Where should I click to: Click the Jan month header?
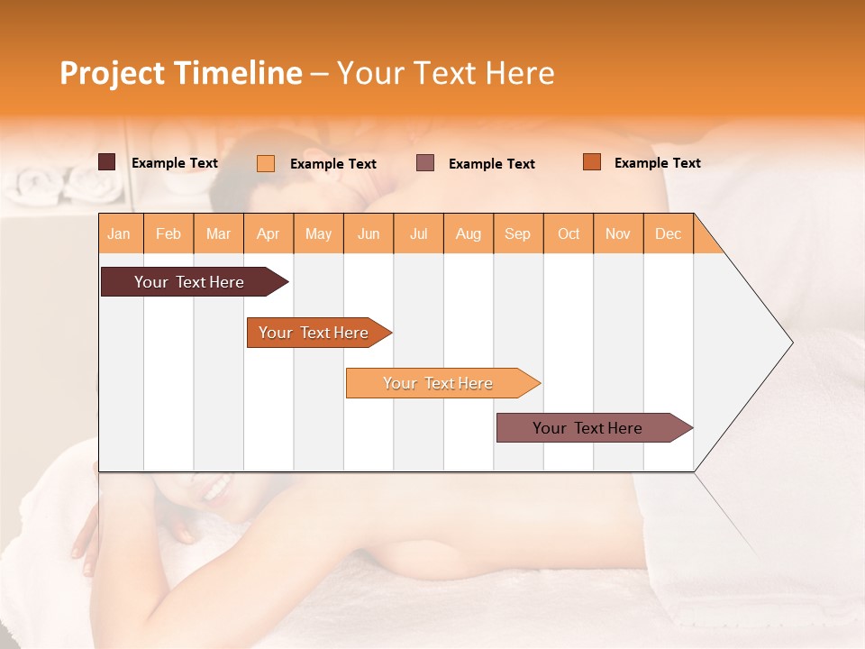point(120,233)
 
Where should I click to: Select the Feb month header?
point(168,233)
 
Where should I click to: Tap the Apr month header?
point(269,233)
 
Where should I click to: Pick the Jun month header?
point(369,233)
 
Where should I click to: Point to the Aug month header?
point(469,233)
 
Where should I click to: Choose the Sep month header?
point(518,233)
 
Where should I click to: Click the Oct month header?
point(569,233)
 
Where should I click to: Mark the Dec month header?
point(669,233)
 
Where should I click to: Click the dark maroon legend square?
point(107,162)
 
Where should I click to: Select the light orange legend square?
point(266,163)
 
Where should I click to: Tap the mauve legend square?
point(425,163)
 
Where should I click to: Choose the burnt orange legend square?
point(591,162)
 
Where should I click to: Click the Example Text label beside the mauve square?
point(492,164)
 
